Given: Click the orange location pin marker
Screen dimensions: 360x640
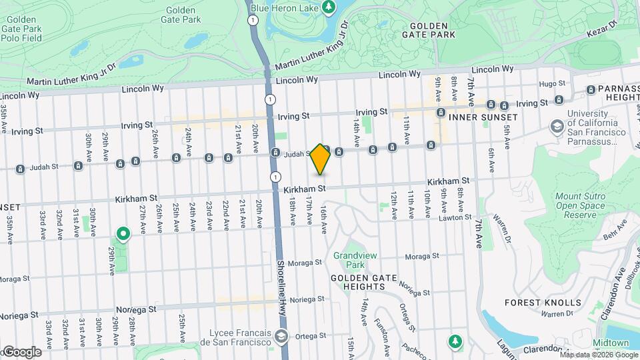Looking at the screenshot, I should [321, 159].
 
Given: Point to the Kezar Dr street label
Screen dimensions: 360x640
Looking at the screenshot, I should [604, 28].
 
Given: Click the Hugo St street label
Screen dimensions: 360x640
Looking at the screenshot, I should [552, 83].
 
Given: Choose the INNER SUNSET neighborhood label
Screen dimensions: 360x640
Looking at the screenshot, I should [483, 117].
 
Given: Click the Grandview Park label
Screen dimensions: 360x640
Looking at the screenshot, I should [351, 261].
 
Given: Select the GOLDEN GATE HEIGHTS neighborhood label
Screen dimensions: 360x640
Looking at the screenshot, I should [359, 282].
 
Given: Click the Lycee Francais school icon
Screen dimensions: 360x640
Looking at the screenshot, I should [281, 336].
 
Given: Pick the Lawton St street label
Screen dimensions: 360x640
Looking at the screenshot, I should [455, 217].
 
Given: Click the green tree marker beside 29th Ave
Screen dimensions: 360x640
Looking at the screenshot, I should [123, 234].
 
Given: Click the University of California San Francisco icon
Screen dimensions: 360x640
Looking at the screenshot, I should [556, 125].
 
